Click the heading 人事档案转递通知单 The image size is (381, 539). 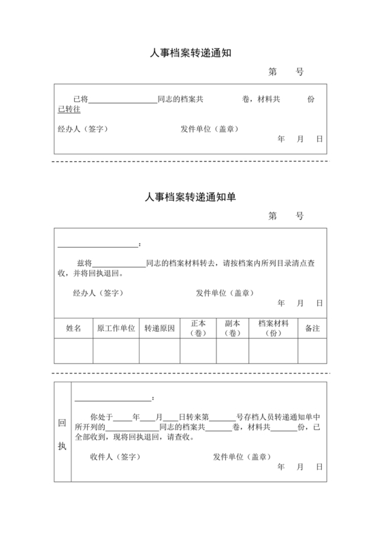pos(190,197)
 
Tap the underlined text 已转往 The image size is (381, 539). pos(69,110)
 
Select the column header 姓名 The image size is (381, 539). pos(73,328)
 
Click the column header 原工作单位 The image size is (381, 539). pos(116,328)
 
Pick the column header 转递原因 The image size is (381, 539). pos(159,328)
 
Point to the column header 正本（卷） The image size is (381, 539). pos(198,328)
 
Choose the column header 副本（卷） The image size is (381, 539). pos(233,328)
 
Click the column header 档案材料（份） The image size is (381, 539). pos(274,328)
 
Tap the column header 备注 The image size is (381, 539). pos(312,328)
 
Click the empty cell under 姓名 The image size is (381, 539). pos(73,351)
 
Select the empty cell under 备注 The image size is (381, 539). pos(312,351)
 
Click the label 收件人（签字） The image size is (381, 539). pos(115,457)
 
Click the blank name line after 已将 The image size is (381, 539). pos(123,100)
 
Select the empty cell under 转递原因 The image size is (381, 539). pos(159,351)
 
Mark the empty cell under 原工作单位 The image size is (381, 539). pos(116,351)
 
